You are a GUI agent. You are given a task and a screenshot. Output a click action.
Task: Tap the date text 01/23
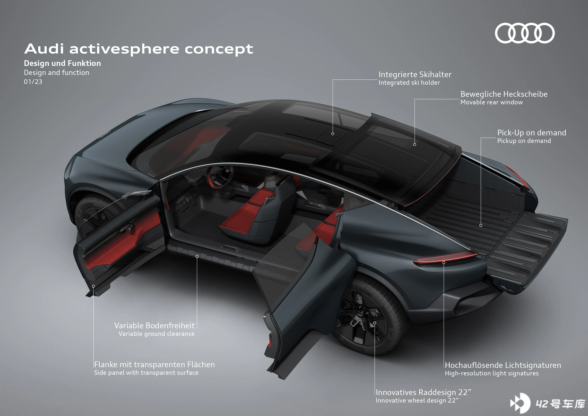pos(33,82)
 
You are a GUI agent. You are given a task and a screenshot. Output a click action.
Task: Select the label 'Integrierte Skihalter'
pos(415,74)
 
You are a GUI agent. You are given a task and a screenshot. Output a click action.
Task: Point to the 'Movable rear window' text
pos(491,102)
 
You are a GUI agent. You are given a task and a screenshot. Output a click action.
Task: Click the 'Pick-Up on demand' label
pos(532,133)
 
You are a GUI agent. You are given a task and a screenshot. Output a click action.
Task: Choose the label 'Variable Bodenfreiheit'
pos(154,326)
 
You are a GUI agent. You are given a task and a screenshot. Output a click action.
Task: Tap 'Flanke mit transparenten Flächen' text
pos(154,365)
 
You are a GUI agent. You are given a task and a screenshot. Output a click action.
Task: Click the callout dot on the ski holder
pos(333,134)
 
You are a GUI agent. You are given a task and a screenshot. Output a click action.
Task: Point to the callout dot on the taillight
pos(444,262)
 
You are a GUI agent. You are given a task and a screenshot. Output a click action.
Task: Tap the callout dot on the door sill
pos(197,256)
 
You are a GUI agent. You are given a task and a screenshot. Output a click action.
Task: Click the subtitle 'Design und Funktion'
pos(63,63)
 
